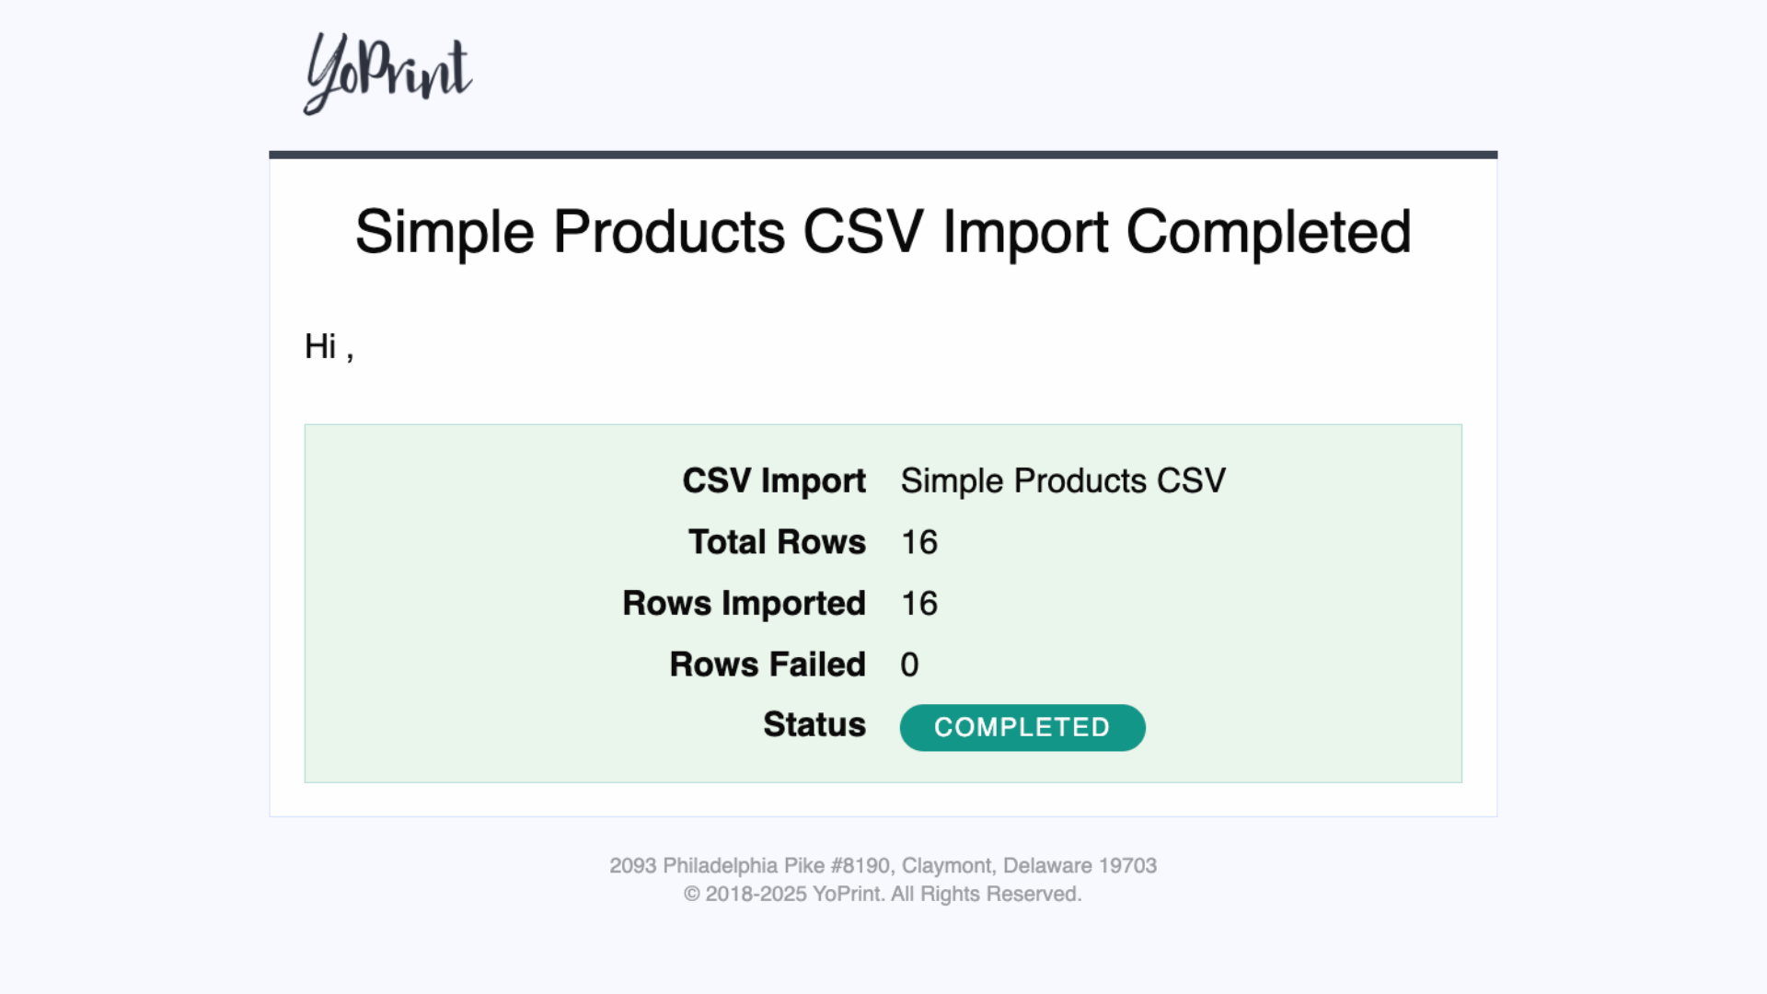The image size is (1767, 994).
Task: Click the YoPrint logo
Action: pyautogui.click(x=387, y=74)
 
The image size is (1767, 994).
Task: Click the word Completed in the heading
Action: pyautogui.click(x=1268, y=231)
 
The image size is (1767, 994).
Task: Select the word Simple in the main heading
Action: pyautogui.click(x=445, y=233)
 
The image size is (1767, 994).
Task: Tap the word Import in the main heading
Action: pyautogui.click(x=1024, y=233)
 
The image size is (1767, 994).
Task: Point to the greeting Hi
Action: pyautogui.click(x=320, y=347)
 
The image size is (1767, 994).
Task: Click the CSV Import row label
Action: pyautogui.click(x=774, y=481)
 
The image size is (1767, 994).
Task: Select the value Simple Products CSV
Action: pyautogui.click(x=1063, y=481)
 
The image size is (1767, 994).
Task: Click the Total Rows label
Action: pyautogui.click(x=777, y=542)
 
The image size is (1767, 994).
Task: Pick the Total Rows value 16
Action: pyautogui.click(x=918, y=543)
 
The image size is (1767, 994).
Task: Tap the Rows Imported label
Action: pyautogui.click(x=744, y=604)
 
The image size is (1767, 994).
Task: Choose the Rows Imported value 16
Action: pyautogui.click(x=918, y=604)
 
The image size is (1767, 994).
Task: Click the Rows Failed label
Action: pyautogui.click(x=768, y=665)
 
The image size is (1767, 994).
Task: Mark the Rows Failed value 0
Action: pyautogui.click(x=909, y=665)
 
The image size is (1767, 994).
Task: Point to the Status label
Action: pyautogui.click(x=814, y=724)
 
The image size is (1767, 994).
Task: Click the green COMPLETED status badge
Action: pyautogui.click(x=1022, y=728)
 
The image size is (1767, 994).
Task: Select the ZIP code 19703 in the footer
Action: pyautogui.click(x=1127, y=866)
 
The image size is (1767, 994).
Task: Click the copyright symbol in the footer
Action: pyautogui.click(x=692, y=895)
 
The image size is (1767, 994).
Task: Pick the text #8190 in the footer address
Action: pyautogui.click(x=862, y=866)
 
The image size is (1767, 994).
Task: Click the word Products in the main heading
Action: pyautogui.click(x=669, y=231)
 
